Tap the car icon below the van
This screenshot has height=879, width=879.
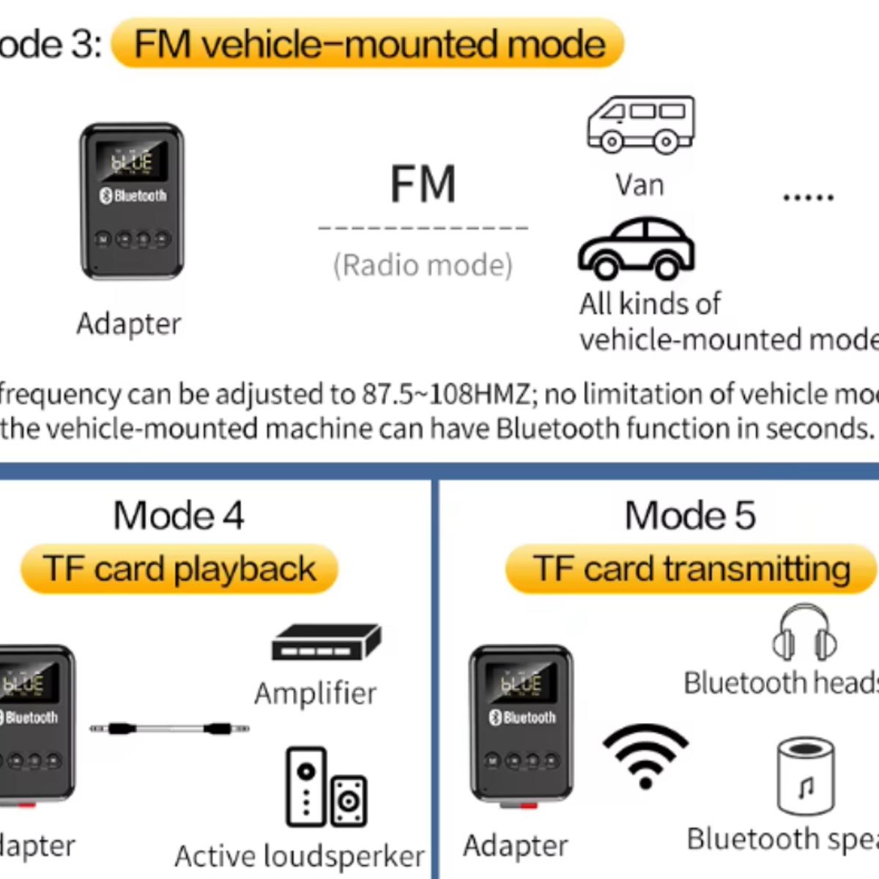point(636,249)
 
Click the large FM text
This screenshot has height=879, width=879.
point(423,185)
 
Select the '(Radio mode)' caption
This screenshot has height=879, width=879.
point(423,265)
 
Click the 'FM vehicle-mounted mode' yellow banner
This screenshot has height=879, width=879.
point(368,44)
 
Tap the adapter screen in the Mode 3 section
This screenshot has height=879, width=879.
point(132,160)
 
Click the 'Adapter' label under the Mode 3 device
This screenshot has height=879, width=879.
point(129,324)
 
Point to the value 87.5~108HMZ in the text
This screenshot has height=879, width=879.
point(445,395)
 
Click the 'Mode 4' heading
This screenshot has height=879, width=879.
point(178,515)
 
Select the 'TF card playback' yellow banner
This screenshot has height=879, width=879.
point(179,569)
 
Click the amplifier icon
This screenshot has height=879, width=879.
point(326,642)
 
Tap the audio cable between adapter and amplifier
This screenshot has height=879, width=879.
point(169,729)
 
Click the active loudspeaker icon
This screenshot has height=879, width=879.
point(326,787)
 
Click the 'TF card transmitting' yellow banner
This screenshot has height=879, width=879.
point(691,569)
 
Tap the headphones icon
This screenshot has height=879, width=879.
point(804,633)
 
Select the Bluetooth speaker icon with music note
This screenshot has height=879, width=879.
point(805,776)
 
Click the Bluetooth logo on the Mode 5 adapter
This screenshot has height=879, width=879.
point(495,718)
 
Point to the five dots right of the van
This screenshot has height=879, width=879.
point(808,197)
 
